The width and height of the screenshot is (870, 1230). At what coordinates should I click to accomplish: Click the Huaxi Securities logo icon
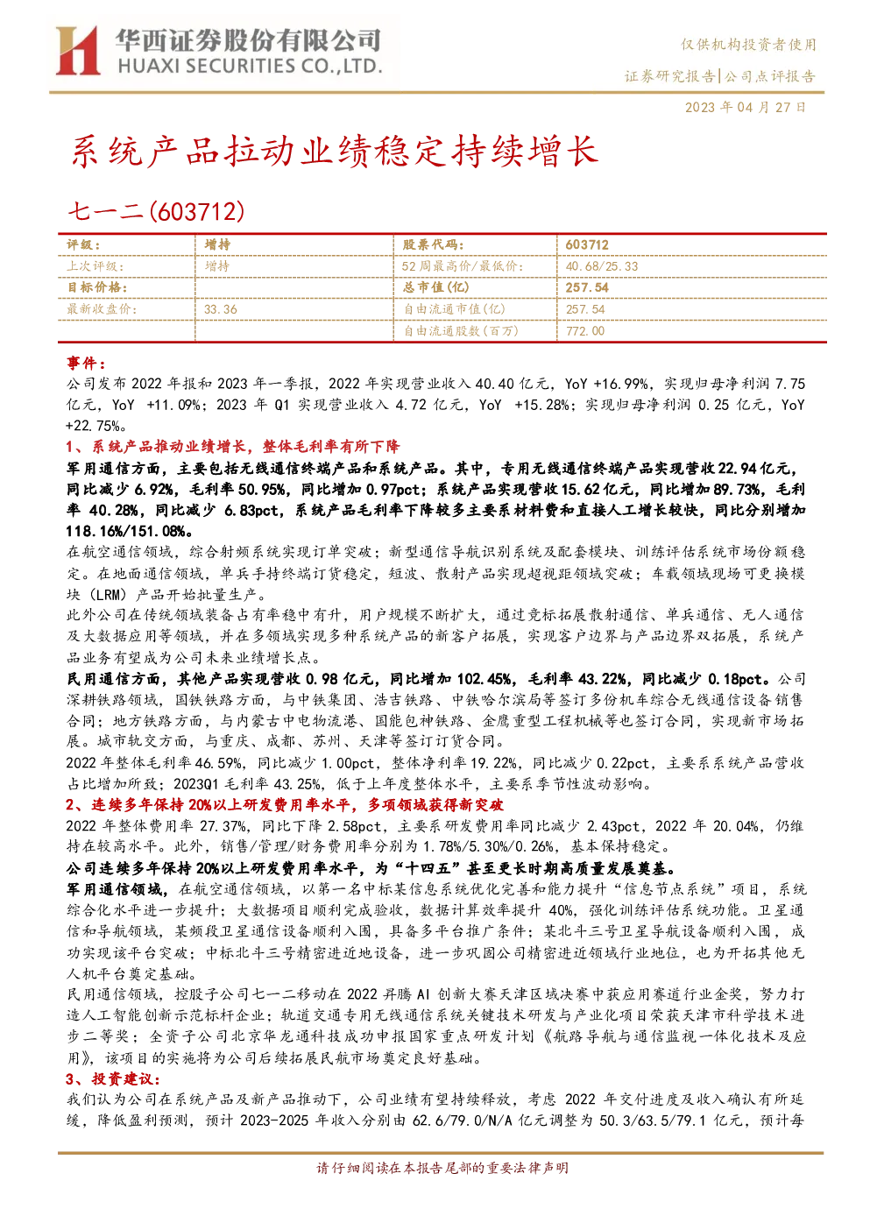click(78, 50)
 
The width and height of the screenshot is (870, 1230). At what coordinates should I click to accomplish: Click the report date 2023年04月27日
click(745, 107)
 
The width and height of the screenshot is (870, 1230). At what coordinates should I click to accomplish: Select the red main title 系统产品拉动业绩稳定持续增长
click(335, 152)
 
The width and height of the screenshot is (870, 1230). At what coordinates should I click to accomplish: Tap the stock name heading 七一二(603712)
click(156, 211)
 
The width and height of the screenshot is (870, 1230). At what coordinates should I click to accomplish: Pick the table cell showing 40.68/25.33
click(602, 266)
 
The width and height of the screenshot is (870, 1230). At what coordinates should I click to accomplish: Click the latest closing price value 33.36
click(221, 309)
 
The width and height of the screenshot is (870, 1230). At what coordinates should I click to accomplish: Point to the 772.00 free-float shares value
click(585, 330)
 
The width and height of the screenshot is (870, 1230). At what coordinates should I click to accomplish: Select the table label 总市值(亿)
click(436, 287)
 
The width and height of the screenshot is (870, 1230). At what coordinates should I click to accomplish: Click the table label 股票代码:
click(433, 245)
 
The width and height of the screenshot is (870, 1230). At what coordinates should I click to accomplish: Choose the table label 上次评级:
click(95, 266)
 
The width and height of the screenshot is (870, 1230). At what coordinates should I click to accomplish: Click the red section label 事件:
click(86, 363)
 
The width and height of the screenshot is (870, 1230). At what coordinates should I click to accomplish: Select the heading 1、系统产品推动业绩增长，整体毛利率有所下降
click(233, 447)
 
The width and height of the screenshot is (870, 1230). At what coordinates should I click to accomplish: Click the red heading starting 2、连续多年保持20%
click(285, 805)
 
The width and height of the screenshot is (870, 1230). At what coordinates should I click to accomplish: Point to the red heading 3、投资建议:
click(113, 1079)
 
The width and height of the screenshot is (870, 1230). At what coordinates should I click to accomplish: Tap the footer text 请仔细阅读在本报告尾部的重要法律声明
click(442, 1168)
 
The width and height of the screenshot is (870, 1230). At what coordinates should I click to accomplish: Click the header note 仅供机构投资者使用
click(748, 45)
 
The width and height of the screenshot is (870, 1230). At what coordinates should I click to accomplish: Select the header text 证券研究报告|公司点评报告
click(719, 76)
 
